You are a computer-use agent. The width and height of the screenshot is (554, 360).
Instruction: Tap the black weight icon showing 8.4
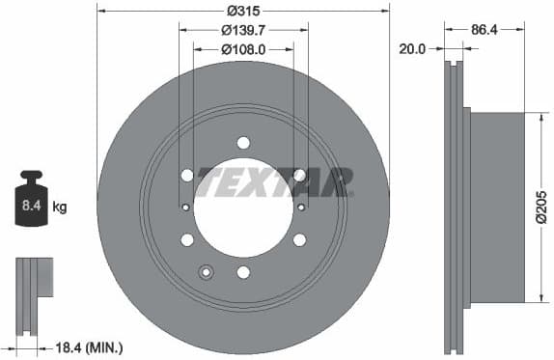tap(33, 200)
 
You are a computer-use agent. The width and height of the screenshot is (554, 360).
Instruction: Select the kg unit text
tap(59, 207)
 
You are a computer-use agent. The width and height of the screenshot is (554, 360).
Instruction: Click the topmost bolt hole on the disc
tap(243, 143)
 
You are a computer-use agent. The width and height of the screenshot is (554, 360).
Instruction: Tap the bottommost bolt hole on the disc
tap(243, 272)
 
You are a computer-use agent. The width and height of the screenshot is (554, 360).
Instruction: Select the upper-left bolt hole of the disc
tap(187, 175)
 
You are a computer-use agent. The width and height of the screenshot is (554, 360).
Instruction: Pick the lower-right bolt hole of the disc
tap(299, 239)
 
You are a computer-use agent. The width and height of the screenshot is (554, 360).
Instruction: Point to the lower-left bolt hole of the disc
tap(187, 239)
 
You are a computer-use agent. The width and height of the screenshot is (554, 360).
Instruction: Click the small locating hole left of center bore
tap(185, 207)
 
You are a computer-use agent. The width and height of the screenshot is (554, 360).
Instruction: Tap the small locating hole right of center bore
tap(301, 207)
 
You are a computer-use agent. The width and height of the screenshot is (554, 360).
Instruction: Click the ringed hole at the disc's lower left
tap(205, 272)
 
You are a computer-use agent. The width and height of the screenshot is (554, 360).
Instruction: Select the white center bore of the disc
tap(243, 208)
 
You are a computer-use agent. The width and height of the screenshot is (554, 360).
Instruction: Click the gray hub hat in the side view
tap(497, 208)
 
